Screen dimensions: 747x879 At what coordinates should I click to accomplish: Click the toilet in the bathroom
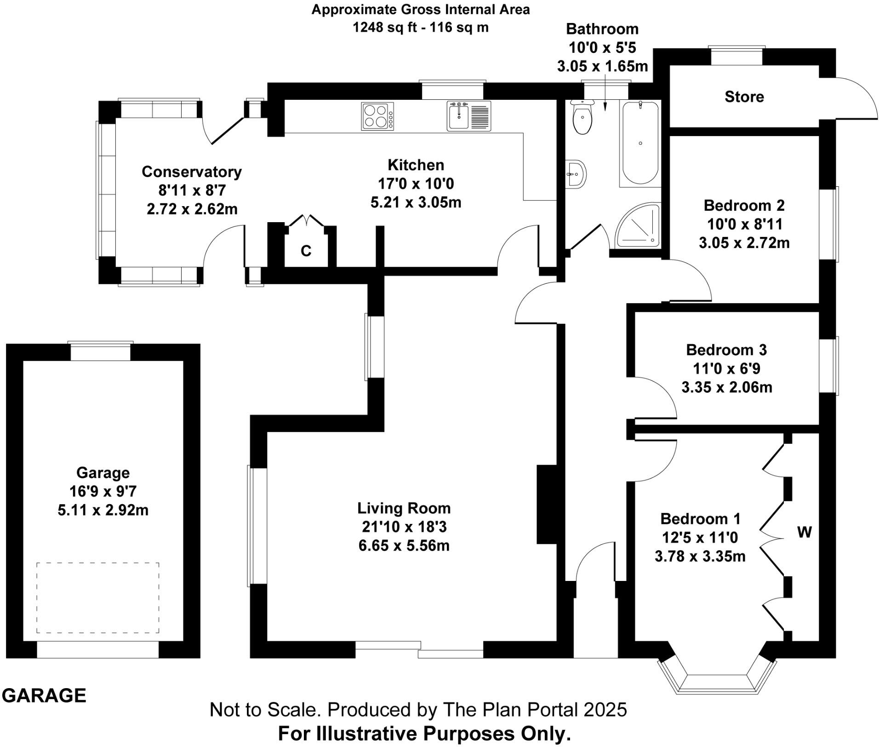(x=582, y=118)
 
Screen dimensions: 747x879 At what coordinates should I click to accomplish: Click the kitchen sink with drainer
(x=468, y=116)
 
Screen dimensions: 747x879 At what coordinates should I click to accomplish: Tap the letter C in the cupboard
(x=306, y=251)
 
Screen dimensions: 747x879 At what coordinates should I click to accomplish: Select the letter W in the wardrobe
(x=804, y=532)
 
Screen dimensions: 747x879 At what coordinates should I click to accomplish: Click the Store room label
(x=744, y=97)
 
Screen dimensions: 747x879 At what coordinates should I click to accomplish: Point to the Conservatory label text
(x=191, y=172)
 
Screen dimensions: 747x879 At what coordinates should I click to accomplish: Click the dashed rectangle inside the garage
(x=97, y=598)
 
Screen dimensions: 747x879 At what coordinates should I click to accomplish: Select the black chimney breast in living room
(x=547, y=505)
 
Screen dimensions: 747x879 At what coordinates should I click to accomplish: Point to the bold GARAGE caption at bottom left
(x=44, y=695)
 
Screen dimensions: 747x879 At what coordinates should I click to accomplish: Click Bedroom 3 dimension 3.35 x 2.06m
(x=726, y=387)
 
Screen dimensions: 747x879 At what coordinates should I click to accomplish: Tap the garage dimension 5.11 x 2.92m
(x=103, y=510)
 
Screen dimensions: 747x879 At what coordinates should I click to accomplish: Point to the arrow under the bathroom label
(x=605, y=99)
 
